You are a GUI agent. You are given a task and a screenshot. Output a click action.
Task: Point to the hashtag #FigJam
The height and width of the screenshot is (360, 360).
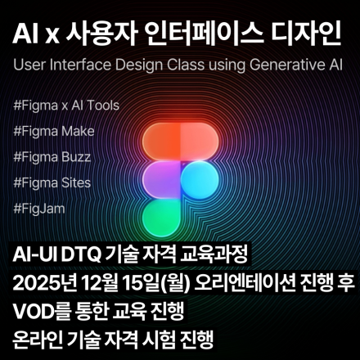39,208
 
